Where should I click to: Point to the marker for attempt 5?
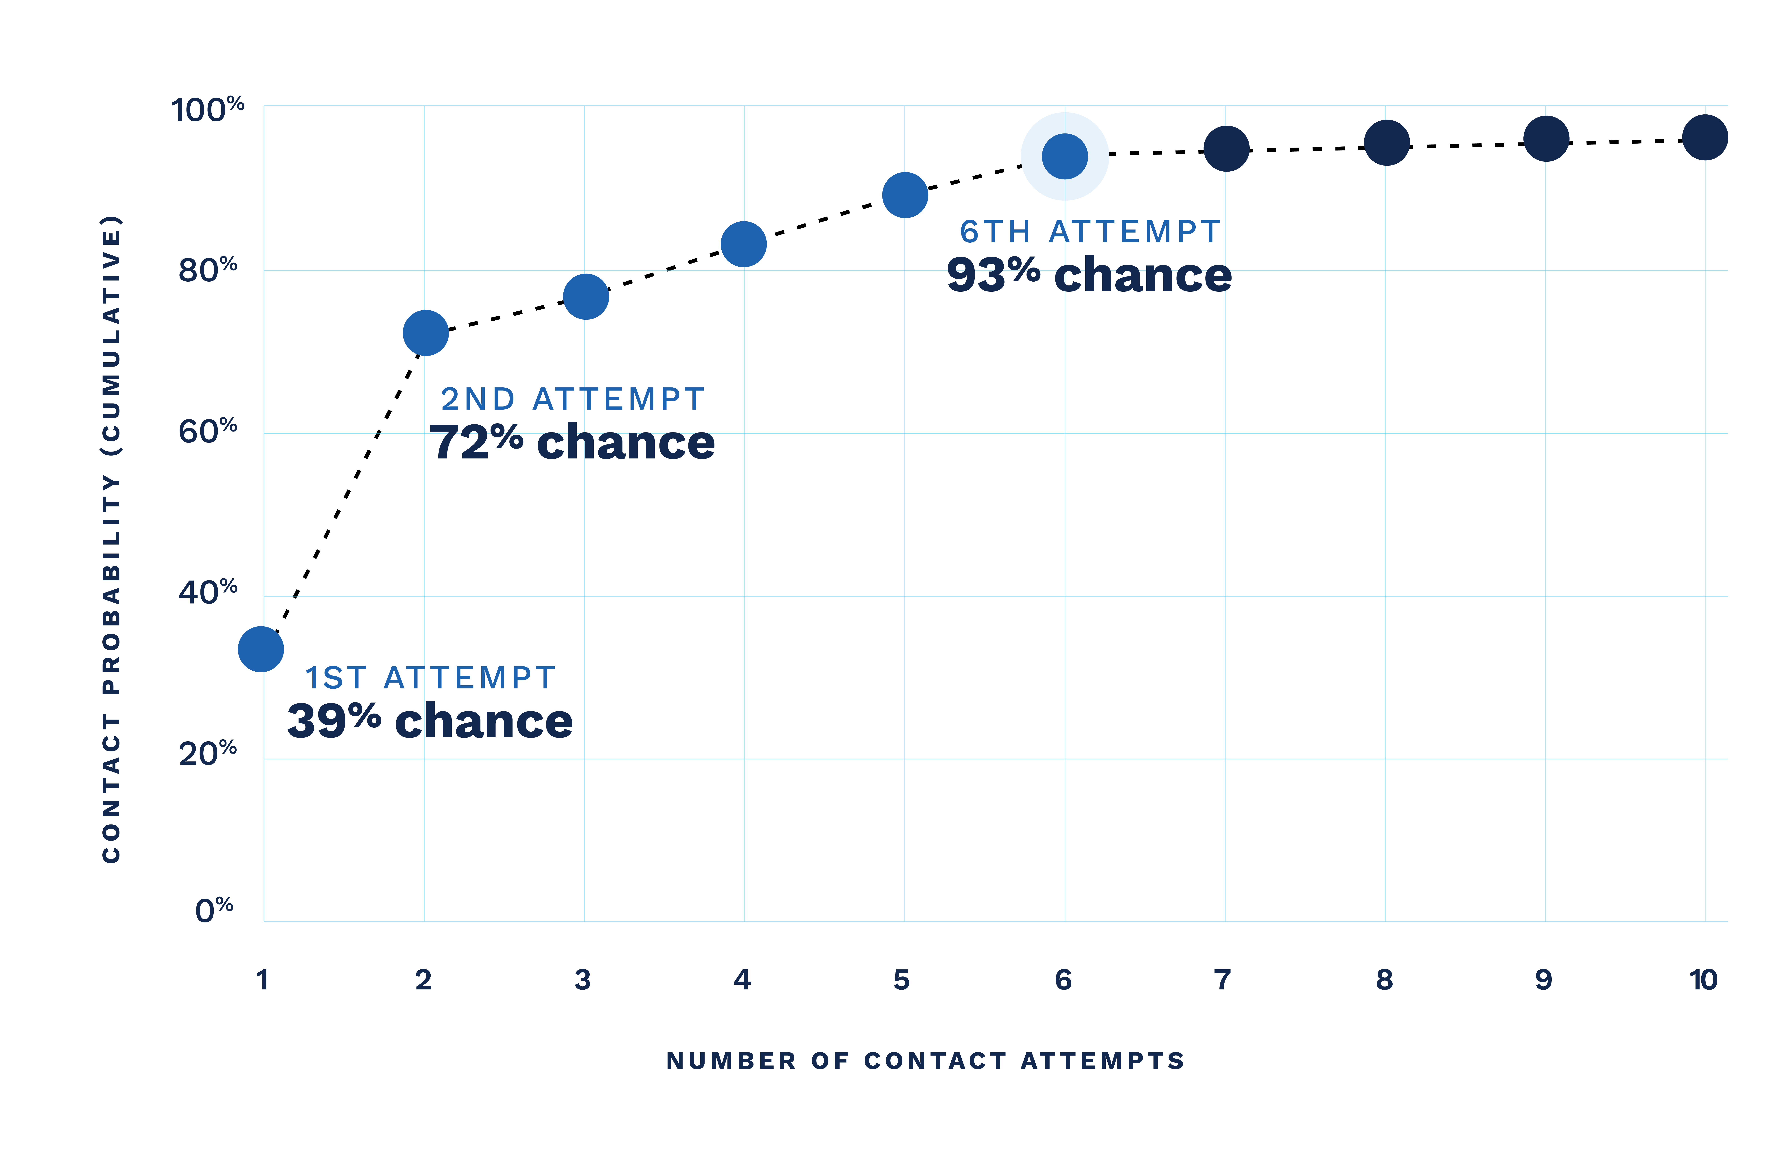pos(905,195)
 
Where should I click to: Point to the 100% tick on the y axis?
pos(208,109)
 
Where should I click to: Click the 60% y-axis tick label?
pos(208,431)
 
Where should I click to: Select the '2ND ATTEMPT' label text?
pos(572,399)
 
